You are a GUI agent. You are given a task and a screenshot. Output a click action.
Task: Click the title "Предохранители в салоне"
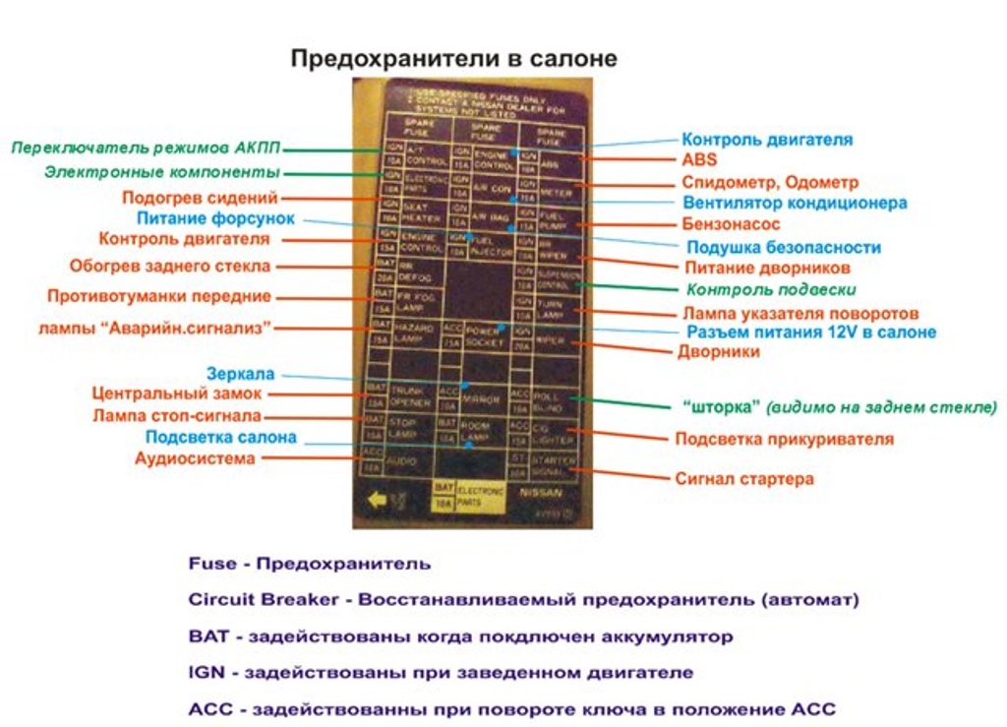pyautogui.click(x=453, y=59)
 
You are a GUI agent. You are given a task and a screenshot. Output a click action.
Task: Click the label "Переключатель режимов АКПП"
pyautogui.click(x=146, y=149)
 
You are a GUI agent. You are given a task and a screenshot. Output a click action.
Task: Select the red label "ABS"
pyautogui.click(x=699, y=159)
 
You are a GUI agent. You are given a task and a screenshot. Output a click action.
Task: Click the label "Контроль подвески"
pyautogui.click(x=770, y=290)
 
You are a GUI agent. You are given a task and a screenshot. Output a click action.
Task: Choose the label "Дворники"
pyautogui.click(x=718, y=351)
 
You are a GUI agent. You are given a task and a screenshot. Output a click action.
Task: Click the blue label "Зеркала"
pyautogui.click(x=241, y=374)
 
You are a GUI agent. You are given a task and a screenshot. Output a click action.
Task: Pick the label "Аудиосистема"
pyautogui.click(x=195, y=458)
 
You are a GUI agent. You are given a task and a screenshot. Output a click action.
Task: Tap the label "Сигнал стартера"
pyautogui.click(x=743, y=479)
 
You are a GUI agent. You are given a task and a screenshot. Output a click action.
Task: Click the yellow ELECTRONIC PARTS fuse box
pyautogui.click(x=469, y=494)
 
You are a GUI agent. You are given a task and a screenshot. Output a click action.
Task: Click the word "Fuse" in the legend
pyautogui.click(x=211, y=564)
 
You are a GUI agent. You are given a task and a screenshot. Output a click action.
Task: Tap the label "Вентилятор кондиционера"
pyautogui.click(x=795, y=204)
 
